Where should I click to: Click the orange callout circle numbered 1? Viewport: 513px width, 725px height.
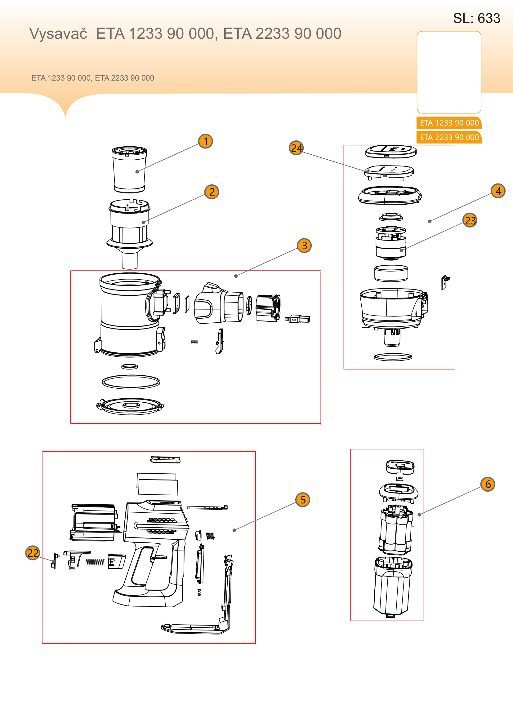click(x=206, y=141)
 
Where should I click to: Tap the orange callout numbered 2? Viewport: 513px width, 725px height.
click(x=212, y=192)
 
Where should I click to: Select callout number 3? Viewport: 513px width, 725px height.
click(x=305, y=245)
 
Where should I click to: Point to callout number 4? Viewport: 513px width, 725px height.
click(x=498, y=191)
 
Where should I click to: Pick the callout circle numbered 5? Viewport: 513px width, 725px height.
click(x=303, y=500)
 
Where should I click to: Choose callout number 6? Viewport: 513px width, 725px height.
click(x=488, y=484)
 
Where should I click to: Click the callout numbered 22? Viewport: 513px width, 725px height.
click(x=33, y=553)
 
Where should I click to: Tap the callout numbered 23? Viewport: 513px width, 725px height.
click(x=470, y=220)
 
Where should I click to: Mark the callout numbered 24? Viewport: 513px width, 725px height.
click(x=296, y=148)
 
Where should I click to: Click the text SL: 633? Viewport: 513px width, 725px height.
click(x=477, y=18)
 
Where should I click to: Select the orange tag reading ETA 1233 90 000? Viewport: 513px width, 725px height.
click(x=449, y=123)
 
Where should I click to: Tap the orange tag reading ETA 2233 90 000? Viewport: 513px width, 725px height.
click(x=449, y=137)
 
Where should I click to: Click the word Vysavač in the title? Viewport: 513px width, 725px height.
click(x=58, y=33)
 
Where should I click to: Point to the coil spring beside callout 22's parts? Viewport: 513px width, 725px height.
click(x=95, y=562)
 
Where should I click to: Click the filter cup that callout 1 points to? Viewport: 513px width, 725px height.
click(x=129, y=169)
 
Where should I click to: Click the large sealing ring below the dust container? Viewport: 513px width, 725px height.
click(x=131, y=382)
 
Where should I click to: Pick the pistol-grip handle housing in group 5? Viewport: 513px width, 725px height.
click(x=151, y=553)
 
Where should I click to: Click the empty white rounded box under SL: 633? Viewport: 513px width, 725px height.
click(x=449, y=72)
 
